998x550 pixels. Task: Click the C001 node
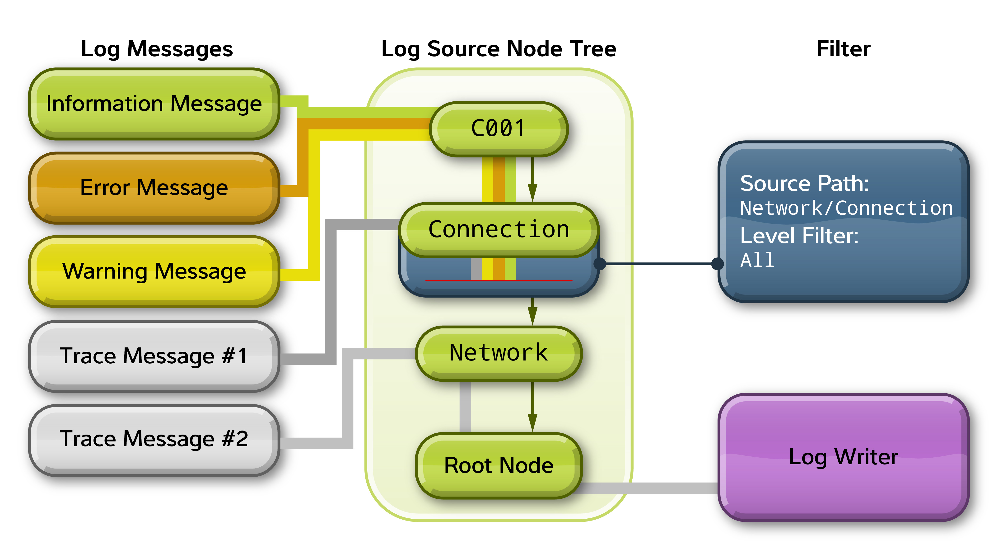click(x=498, y=129)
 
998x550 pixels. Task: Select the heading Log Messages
click(x=157, y=49)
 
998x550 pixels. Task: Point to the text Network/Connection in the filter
click(x=846, y=208)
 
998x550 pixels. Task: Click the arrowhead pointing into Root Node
click(x=533, y=423)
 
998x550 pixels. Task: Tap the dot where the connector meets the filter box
click(x=718, y=264)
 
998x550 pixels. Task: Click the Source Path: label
click(x=804, y=184)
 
